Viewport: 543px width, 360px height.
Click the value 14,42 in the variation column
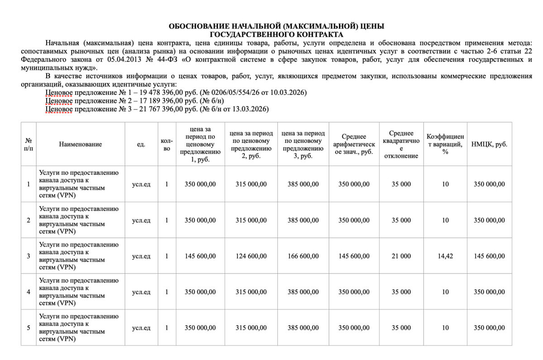[x=445, y=256]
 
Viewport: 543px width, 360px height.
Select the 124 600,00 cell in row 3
[x=251, y=256]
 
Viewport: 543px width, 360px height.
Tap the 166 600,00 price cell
[x=303, y=256]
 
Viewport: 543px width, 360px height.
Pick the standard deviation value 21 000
[x=401, y=256]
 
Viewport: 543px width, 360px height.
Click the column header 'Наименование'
[x=81, y=144]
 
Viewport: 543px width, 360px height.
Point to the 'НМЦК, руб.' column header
[x=489, y=144]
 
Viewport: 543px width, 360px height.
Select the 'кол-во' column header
[x=167, y=144]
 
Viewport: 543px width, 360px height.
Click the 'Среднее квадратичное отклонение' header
[x=401, y=144]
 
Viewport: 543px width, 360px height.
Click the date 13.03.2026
[x=250, y=109]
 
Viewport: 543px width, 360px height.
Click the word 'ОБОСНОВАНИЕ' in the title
[x=196, y=26]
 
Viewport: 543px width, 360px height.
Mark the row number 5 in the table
[x=29, y=328]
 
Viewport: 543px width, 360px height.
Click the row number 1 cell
[x=29, y=184]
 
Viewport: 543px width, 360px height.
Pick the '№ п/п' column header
[x=29, y=144]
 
